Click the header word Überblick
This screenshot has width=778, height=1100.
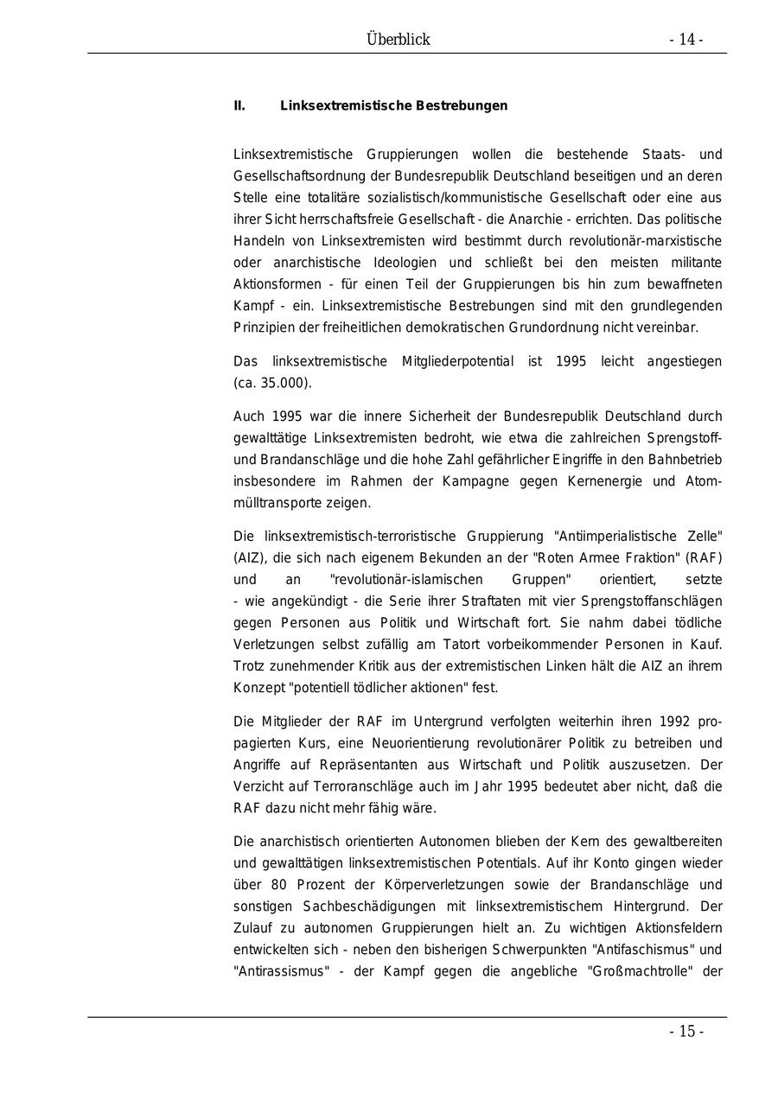(x=398, y=40)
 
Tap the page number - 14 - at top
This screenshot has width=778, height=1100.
(x=686, y=40)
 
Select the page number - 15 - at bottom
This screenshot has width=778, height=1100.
(x=686, y=1032)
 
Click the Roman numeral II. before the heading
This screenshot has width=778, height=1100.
(x=239, y=106)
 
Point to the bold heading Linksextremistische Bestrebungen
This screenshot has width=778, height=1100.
(x=393, y=106)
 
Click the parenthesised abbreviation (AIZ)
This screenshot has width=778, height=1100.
(x=248, y=557)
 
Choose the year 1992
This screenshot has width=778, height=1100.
(x=675, y=722)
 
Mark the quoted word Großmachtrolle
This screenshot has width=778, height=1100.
(x=641, y=971)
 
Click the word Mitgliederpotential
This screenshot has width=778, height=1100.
(x=457, y=361)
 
